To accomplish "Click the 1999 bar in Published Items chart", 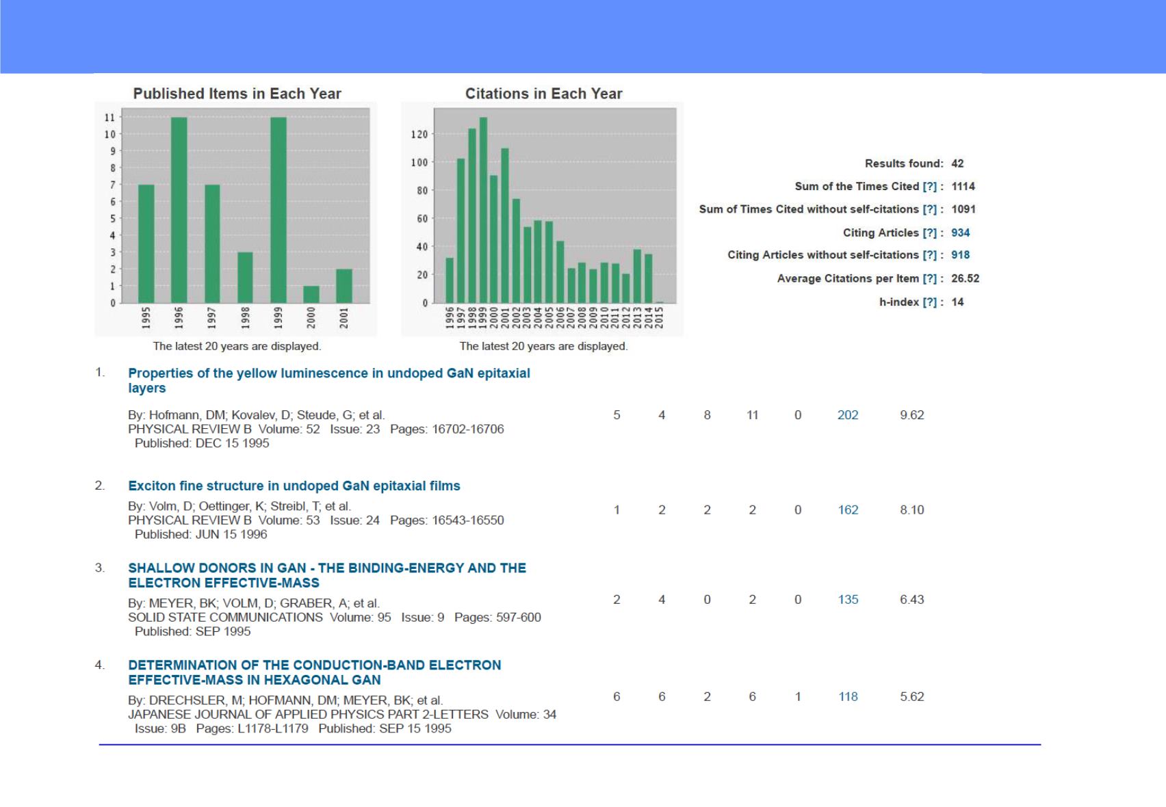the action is [278, 210].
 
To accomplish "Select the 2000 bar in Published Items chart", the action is [311, 295].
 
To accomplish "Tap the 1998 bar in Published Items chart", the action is [245, 278].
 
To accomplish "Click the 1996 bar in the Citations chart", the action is [450, 280].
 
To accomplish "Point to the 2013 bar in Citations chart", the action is [637, 276].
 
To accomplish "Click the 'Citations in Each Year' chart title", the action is [543, 94].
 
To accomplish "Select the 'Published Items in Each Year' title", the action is [237, 94].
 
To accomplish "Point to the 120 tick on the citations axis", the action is [419, 134].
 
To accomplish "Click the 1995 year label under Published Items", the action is [146, 317].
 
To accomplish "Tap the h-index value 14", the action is [957, 302].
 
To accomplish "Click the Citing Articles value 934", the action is [961, 233].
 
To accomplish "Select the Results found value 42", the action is [957, 163].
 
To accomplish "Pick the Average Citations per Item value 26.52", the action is [965, 278].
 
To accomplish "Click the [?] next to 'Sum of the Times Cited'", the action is [930, 186].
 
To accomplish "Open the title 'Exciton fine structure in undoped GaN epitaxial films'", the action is [294, 486].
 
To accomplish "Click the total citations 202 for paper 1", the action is [847, 414].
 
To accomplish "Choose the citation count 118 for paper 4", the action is [847, 696].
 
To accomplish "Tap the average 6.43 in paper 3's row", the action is [911, 599].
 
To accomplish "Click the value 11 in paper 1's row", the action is [752, 414].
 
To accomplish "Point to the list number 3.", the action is [100, 568].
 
